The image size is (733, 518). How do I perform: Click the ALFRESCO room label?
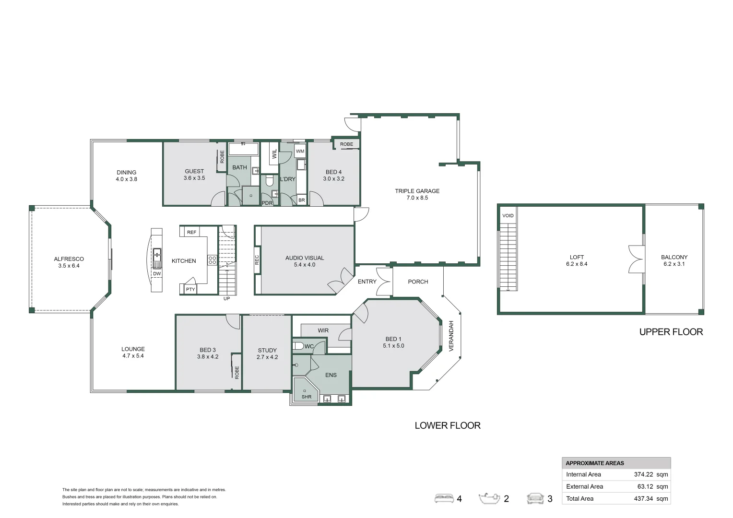tap(69, 259)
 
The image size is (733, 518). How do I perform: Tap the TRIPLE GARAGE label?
tap(417, 191)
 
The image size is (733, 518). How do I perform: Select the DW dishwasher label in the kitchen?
tap(157, 274)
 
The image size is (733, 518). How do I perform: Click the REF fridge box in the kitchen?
tap(191, 232)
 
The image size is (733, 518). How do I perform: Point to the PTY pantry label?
tap(190, 289)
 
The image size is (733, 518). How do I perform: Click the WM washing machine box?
tap(300, 151)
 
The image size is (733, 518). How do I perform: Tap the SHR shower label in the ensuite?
tap(306, 397)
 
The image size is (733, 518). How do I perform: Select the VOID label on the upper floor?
tap(508, 216)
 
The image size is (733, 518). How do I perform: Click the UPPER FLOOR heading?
tap(671, 332)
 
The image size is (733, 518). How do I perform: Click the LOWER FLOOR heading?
tap(447, 425)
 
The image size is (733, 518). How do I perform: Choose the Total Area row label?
tap(579, 498)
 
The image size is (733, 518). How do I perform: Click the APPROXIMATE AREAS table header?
tap(595, 463)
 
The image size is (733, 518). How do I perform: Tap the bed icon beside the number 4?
tap(444, 499)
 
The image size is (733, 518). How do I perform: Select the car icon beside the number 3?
tap(535, 499)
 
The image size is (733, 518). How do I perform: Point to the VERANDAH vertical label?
tap(451, 336)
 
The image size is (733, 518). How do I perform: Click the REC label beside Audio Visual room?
tap(257, 260)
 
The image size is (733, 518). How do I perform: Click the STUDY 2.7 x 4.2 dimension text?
tap(267, 357)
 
